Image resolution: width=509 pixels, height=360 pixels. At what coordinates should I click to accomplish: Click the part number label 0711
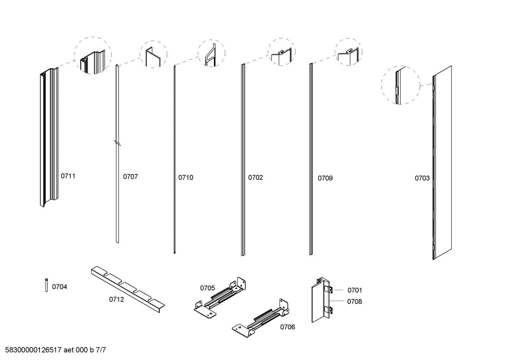[68, 176]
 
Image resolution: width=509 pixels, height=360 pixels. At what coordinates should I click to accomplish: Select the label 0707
[130, 177]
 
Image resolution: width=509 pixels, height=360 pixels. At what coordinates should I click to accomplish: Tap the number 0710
[186, 177]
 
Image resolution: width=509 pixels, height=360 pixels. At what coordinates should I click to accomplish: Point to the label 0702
[255, 177]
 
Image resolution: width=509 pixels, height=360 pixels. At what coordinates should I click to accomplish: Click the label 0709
[325, 178]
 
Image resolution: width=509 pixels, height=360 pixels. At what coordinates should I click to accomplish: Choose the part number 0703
[422, 178]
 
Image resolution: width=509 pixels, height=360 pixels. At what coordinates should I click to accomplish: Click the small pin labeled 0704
[46, 285]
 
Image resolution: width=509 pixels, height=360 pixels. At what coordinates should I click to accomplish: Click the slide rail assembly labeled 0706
[261, 317]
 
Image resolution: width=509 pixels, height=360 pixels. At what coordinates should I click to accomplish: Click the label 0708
[354, 301]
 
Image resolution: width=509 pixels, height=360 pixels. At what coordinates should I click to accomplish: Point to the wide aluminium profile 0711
[48, 138]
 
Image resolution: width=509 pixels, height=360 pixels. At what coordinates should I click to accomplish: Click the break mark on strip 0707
[117, 143]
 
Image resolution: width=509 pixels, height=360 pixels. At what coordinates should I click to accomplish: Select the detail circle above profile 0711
[92, 55]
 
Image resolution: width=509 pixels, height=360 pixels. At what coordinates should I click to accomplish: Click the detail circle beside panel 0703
[400, 85]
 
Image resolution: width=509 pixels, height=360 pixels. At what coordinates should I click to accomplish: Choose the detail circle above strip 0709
[348, 52]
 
